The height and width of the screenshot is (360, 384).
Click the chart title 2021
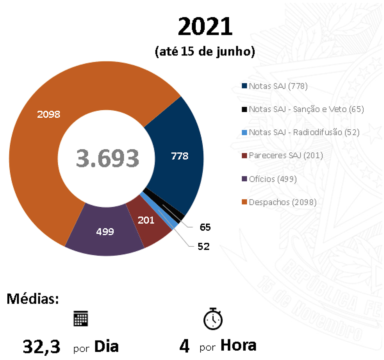click(205, 27)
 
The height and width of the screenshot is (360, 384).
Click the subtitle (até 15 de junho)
click(205, 52)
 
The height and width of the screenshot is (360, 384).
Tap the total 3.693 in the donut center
click(107, 158)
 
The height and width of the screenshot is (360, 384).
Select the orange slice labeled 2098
click(49, 114)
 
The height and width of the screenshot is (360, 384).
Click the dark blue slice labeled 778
click(180, 156)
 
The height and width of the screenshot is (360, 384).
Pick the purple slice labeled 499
click(105, 232)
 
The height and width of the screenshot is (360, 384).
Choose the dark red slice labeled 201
click(146, 220)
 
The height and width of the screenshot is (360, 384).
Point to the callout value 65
click(205, 227)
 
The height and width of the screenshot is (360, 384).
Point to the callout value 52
click(203, 247)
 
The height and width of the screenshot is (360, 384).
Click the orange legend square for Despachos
click(244, 202)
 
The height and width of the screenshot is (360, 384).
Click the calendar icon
click(80, 319)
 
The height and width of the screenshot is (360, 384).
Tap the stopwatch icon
click(213, 319)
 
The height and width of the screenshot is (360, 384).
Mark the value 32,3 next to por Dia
click(42, 347)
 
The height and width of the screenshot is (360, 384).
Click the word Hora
click(238, 345)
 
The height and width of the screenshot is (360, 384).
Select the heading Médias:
click(33, 298)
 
